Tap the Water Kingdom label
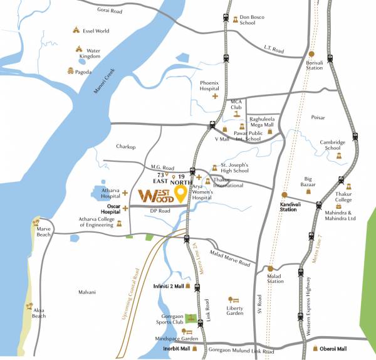point(90,53)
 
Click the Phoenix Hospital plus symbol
point(215,97)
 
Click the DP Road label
point(160,211)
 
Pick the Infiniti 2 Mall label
point(168,286)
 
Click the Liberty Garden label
point(235,310)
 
